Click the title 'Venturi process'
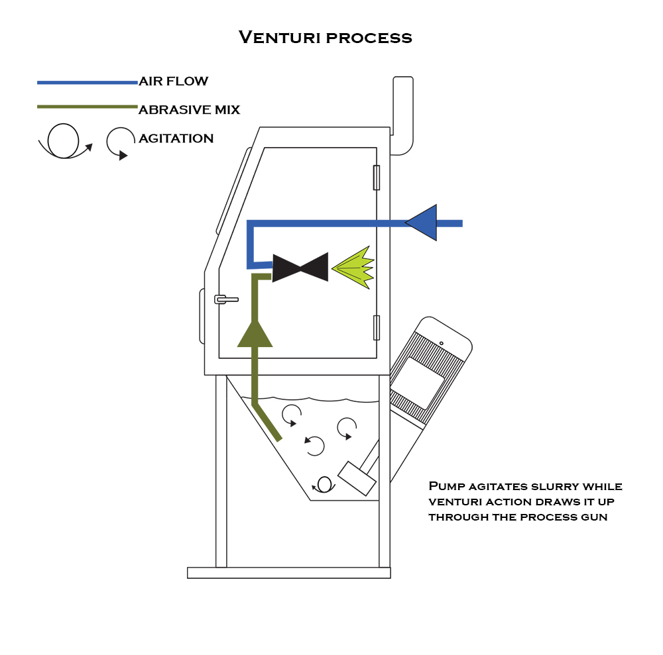[x=326, y=37]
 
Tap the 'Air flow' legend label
[x=174, y=81]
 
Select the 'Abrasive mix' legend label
[x=189, y=109]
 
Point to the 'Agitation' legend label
[x=176, y=138]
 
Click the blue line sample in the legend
[x=87, y=82]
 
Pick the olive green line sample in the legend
[x=87, y=106]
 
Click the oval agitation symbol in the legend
[x=64, y=140]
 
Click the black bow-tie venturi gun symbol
[x=300, y=267]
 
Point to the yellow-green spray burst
[x=353, y=268]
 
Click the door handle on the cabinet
[x=226, y=299]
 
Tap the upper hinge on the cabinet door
[x=377, y=177]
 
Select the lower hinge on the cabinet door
[x=377, y=327]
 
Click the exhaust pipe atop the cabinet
[x=402, y=116]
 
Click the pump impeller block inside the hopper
[x=357, y=478]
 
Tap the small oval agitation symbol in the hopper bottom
[x=324, y=484]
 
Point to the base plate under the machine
[x=288, y=573]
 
